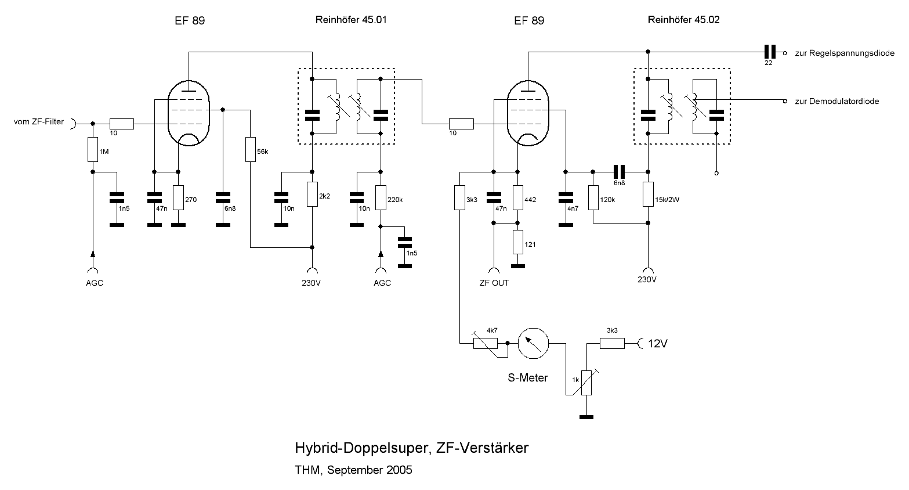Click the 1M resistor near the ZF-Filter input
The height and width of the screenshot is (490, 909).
(x=92, y=150)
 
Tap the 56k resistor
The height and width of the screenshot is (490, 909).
(x=251, y=149)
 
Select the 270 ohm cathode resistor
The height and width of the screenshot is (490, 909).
(x=178, y=198)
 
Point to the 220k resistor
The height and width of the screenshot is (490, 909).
(x=381, y=197)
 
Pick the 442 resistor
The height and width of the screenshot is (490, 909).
(x=518, y=197)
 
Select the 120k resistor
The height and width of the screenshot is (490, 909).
(x=593, y=197)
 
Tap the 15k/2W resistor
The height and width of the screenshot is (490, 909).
(x=648, y=194)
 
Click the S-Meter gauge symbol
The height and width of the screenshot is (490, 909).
(x=533, y=343)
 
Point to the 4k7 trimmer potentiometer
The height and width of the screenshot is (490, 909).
(x=486, y=343)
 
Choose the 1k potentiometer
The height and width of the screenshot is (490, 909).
(x=586, y=383)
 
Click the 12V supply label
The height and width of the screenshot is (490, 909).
(x=658, y=344)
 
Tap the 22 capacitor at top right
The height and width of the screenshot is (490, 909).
(x=769, y=52)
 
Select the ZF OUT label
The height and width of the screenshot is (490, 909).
(x=494, y=283)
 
